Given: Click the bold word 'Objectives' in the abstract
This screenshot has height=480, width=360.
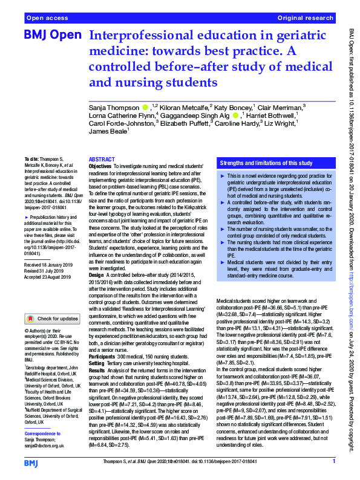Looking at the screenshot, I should (x=100, y=165).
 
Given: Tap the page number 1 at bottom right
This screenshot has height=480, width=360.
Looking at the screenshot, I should (x=333, y=462).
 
